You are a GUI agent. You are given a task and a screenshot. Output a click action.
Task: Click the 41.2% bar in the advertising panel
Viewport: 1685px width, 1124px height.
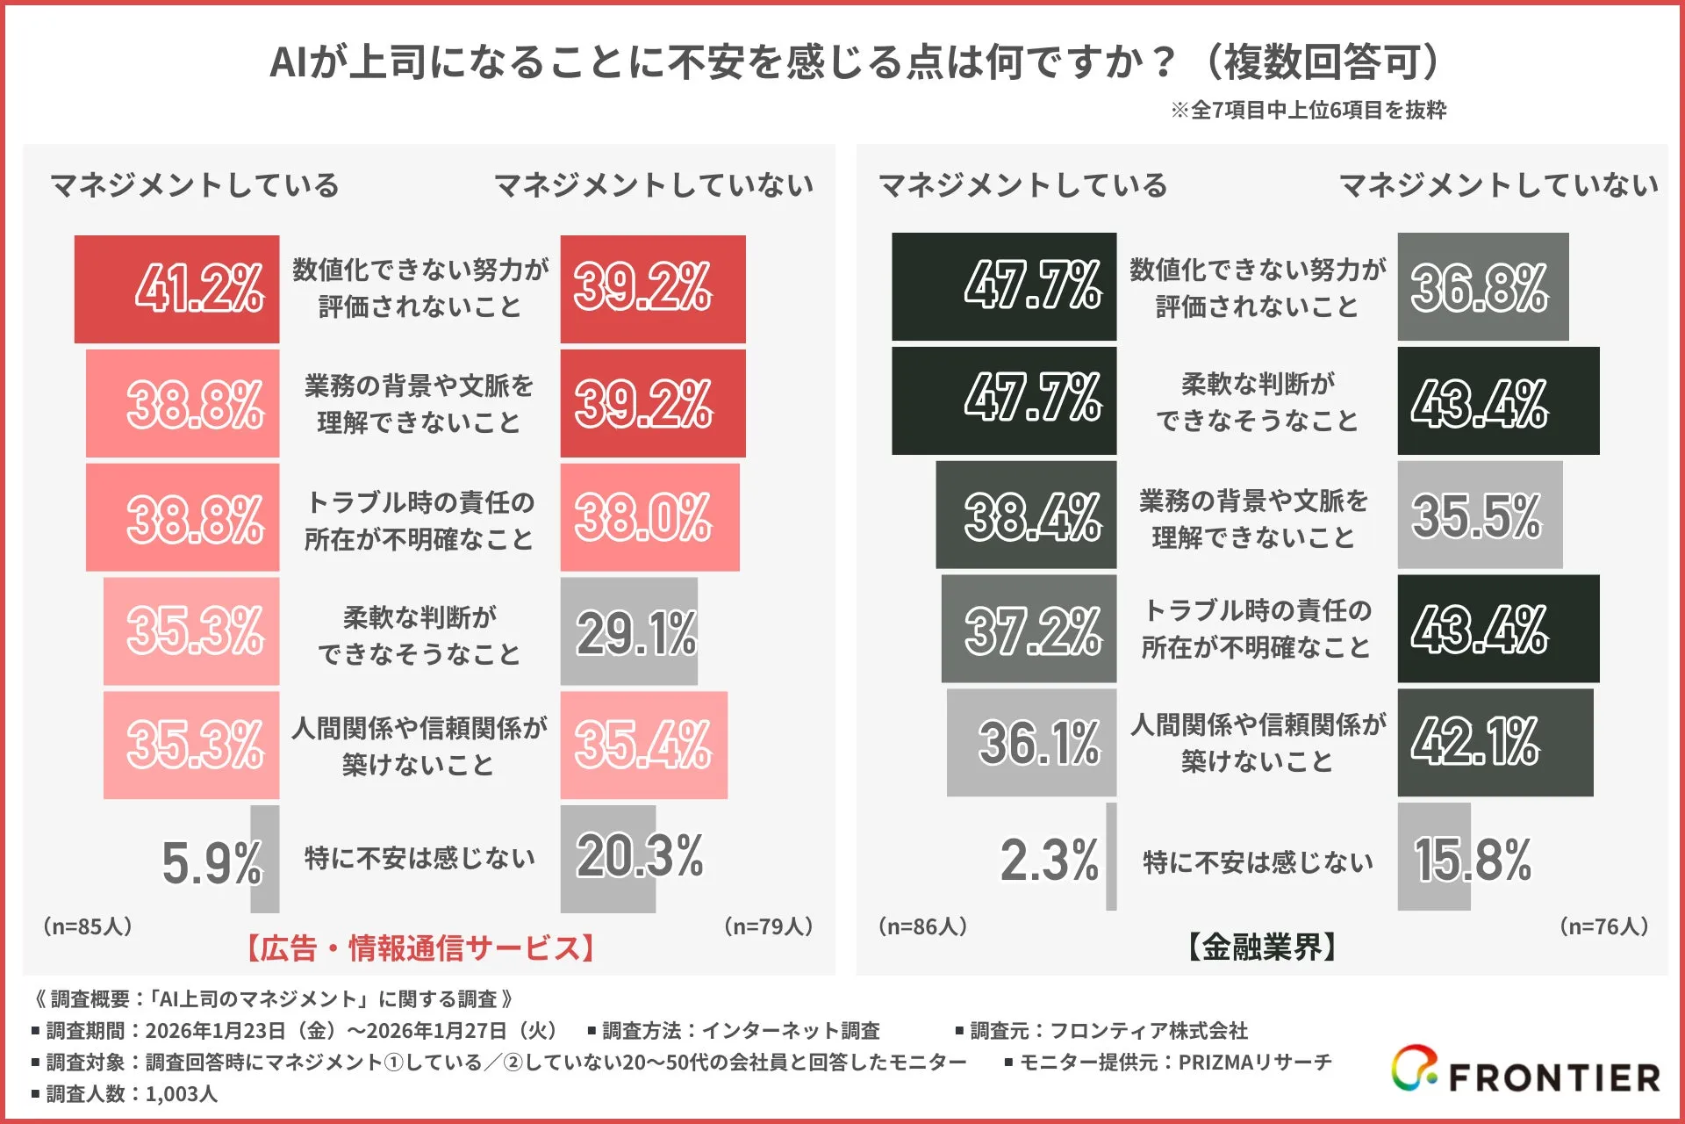click(176, 289)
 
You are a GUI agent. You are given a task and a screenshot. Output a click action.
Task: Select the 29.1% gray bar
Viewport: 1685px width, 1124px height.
click(628, 631)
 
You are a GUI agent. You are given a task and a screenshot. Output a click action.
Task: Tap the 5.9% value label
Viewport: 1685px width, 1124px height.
click(212, 862)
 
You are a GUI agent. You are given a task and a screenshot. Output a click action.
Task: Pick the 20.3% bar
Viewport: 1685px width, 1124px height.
click(608, 858)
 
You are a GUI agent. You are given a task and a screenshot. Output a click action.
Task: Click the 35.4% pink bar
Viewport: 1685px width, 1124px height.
click(643, 745)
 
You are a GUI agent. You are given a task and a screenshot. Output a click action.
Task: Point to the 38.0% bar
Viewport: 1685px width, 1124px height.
click(649, 517)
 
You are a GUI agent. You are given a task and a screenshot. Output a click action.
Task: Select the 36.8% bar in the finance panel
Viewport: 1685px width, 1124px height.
click(1482, 287)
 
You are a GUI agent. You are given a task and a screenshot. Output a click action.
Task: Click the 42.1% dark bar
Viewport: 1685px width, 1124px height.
click(1495, 742)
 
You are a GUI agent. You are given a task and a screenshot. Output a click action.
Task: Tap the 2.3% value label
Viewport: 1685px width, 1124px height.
click(1049, 860)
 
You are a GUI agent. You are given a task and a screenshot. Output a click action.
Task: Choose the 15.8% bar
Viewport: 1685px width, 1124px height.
click(1434, 857)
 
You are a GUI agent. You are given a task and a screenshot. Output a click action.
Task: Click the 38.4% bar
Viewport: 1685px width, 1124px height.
click(1026, 515)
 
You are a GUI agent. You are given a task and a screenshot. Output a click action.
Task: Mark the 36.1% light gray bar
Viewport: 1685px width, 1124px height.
click(1031, 743)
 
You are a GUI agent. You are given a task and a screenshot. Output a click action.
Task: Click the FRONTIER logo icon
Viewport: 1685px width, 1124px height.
click(1414, 1069)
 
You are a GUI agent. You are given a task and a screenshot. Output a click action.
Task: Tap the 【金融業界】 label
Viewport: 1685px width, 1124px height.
click(1262, 947)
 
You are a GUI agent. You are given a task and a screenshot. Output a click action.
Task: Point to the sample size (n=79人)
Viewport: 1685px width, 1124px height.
click(768, 926)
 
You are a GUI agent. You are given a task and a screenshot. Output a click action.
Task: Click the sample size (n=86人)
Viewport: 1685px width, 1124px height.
click(922, 926)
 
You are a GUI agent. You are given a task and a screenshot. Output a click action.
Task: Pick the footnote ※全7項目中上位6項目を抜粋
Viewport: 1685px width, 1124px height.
click(1308, 111)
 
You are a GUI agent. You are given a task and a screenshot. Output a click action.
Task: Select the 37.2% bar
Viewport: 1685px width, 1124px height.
click(1029, 630)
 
